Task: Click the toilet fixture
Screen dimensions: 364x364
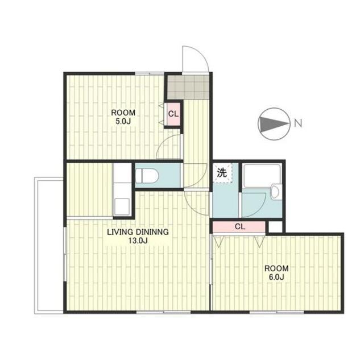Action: point(147,176)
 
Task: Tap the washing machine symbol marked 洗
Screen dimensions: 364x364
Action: point(222,173)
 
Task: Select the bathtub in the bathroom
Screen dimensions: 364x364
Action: point(262,176)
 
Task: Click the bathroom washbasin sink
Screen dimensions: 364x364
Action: point(276,192)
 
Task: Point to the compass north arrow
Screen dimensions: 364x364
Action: point(274,124)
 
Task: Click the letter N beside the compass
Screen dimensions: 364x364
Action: point(298,123)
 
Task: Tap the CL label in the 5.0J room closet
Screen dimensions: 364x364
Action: point(173,114)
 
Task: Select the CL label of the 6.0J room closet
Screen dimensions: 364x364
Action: point(240,226)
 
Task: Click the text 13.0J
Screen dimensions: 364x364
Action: point(138,241)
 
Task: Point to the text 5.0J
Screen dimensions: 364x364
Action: point(123,121)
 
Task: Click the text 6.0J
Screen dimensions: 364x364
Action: point(276,277)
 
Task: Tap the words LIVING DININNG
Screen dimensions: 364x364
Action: point(138,232)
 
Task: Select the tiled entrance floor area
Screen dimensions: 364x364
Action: point(188,87)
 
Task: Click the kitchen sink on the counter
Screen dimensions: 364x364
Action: point(122,206)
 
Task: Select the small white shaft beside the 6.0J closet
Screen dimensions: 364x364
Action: point(275,226)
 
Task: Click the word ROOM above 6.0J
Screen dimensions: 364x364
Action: point(276,268)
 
